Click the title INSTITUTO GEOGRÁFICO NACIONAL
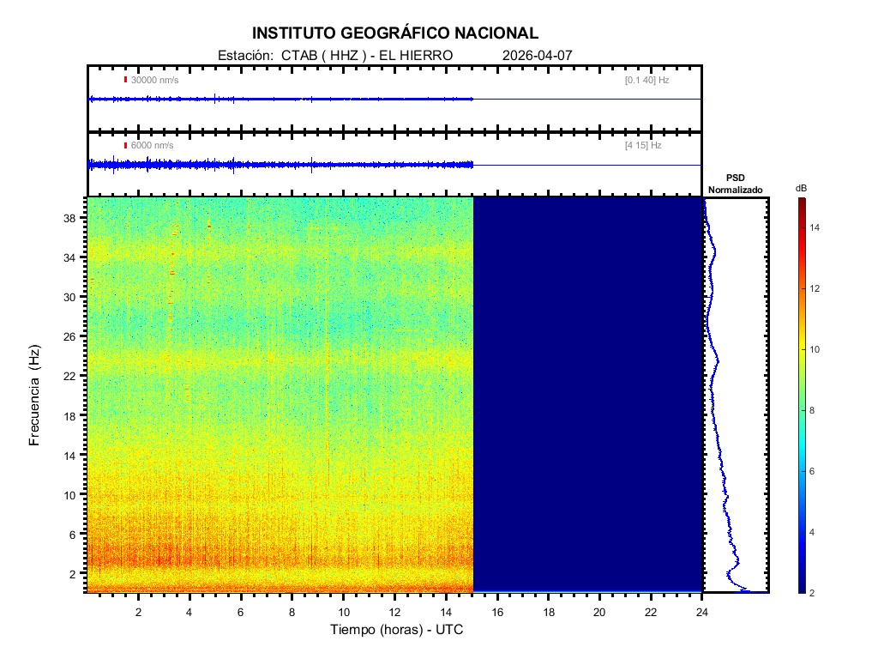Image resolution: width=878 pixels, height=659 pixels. (x=395, y=33)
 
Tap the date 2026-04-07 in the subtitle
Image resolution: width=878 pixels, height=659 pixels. (x=537, y=56)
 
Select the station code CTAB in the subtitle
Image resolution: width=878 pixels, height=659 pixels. (x=295, y=56)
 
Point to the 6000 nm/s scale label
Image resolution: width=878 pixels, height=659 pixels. (x=152, y=146)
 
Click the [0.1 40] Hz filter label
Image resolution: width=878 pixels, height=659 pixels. (x=646, y=80)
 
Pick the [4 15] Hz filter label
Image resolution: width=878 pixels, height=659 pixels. (x=643, y=146)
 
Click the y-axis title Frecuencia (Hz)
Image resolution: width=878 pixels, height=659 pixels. (x=35, y=395)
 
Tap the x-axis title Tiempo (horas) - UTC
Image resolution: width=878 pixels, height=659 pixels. (x=397, y=630)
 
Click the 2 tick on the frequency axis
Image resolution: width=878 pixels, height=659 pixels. (x=75, y=573)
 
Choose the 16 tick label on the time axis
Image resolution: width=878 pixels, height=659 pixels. (x=497, y=611)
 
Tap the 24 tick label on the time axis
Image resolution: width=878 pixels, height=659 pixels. (x=702, y=611)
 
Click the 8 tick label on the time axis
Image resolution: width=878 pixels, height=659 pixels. (x=292, y=611)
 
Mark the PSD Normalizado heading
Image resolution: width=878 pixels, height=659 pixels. (x=735, y=184)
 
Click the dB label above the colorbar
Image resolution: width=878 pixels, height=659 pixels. (x=801, y=187)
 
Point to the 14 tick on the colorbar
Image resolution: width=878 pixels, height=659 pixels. (x=817, y=227)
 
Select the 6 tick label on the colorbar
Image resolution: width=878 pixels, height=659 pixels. (x=815, y=472)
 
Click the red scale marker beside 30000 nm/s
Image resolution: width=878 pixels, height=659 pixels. (x=125, y=80)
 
